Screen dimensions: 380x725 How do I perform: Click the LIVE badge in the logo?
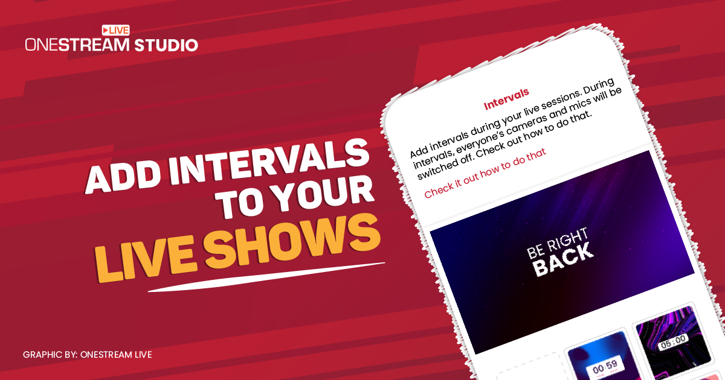tap(115, 30)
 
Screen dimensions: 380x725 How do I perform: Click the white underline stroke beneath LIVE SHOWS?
tap(266, 276)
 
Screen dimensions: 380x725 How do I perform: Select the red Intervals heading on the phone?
tap(506, 101)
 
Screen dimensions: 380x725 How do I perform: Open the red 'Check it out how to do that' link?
tap(485, 173)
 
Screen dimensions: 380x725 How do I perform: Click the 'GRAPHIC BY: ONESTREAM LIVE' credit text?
tap(87, 354)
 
